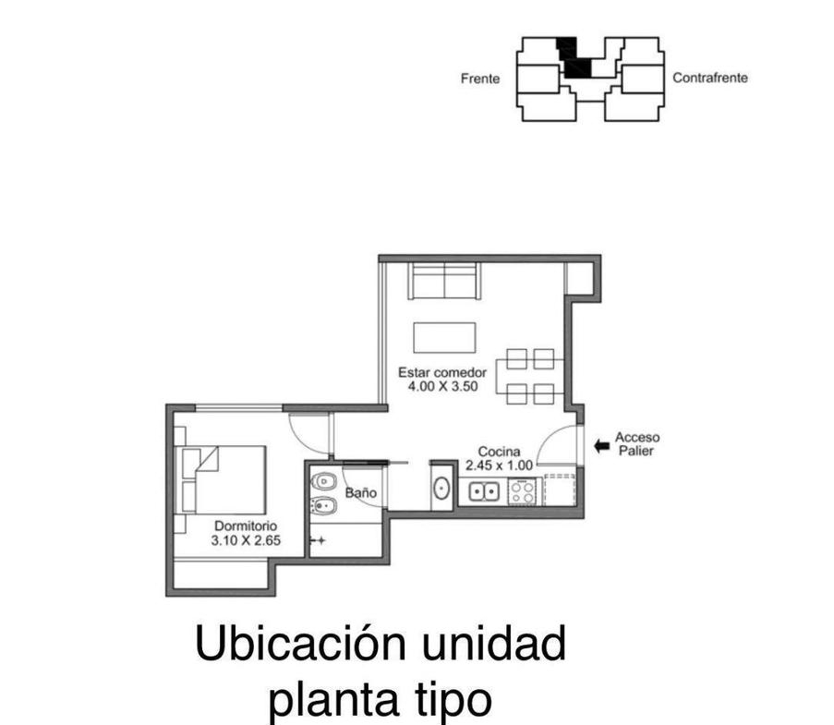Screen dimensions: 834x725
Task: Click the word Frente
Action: (x=480, y=79)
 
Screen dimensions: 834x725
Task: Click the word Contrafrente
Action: (x=710, y=78)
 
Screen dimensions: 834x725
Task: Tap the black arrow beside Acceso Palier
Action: (x=601, y=446)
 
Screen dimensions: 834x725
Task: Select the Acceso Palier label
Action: (x=637, y=443)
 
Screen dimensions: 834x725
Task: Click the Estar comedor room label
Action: (x=442, y=372)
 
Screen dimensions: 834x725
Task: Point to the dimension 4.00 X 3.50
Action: (x=442, y=386)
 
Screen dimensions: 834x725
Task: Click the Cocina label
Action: (x=499, y=452)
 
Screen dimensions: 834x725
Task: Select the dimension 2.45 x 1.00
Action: (x=499, y=465)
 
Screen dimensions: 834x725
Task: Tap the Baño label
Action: (x=360, y=492)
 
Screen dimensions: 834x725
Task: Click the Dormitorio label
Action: (x=246, y=526)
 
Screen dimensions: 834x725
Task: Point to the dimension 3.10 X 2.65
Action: (x=246, y=540)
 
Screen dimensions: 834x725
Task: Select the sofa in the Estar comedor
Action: (x=444, y=281)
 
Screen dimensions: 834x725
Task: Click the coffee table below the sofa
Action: (x=444, y=337)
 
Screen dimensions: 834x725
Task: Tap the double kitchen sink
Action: (x=483, y=491)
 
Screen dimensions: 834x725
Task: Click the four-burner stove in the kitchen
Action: (x=524, y=491)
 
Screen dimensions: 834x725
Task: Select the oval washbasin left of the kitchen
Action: (x=441, y=488)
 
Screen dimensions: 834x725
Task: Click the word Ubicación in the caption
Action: (x=301, y=643)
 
